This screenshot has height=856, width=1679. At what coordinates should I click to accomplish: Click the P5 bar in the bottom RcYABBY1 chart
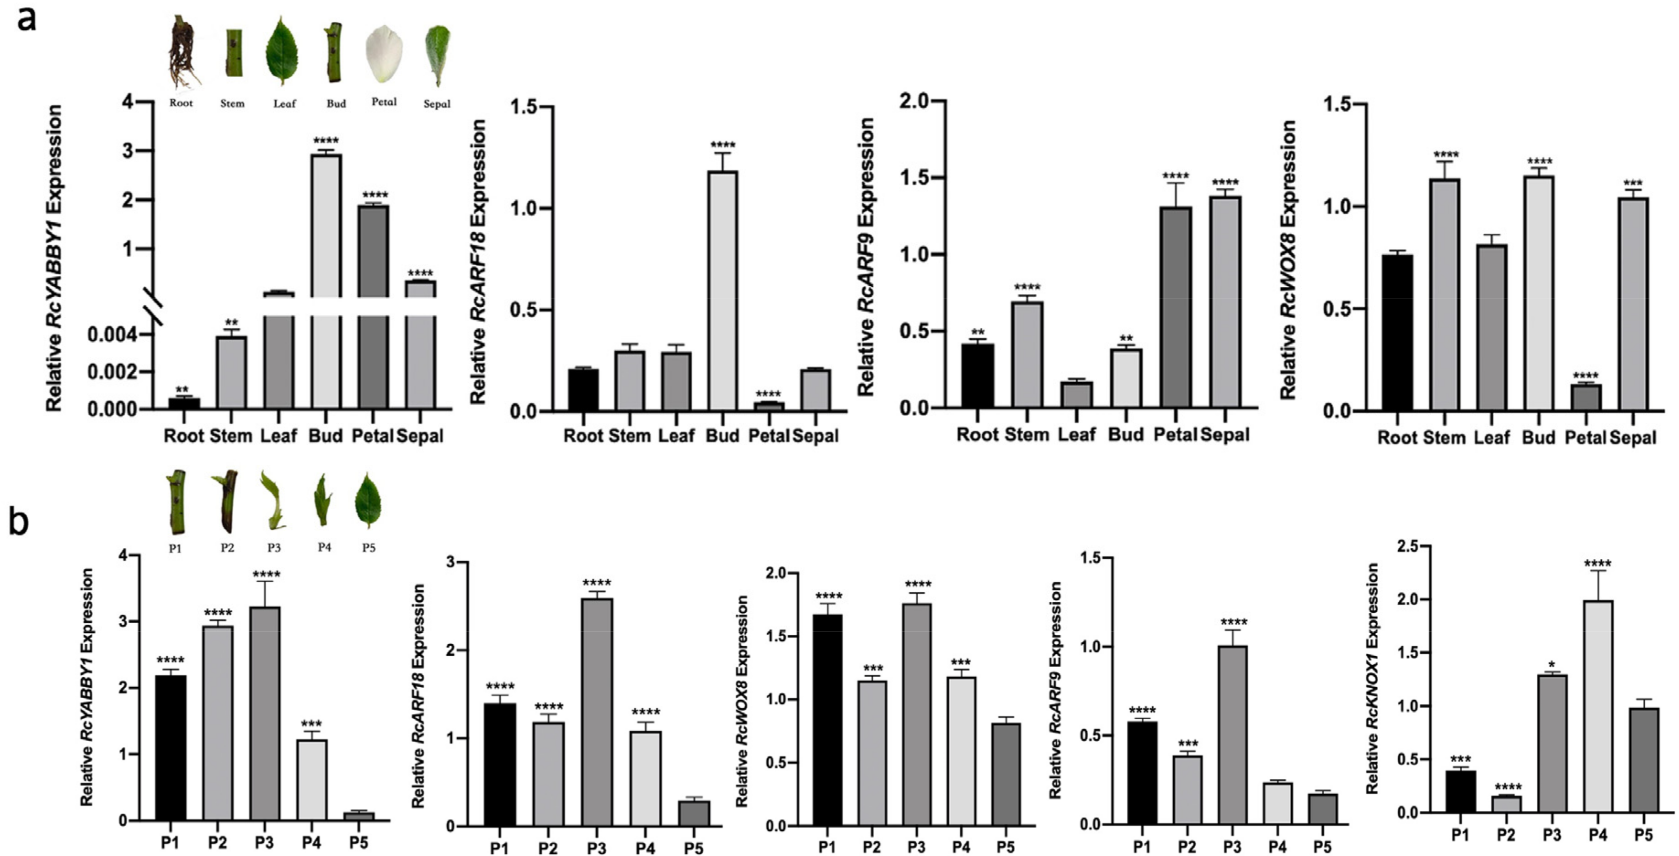click(358, 816)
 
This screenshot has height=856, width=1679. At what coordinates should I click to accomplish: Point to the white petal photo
click(384, 53)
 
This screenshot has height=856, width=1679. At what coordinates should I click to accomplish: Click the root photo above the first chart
click(184, 52)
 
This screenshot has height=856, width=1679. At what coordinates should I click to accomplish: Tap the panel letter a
click(27, 19)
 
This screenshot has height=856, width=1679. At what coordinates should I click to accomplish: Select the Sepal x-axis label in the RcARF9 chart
click(1224, 435)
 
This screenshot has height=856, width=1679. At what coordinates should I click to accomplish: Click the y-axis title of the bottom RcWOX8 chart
click(742, 701)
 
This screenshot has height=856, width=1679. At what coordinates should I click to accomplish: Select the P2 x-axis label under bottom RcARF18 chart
click(548, 848)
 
